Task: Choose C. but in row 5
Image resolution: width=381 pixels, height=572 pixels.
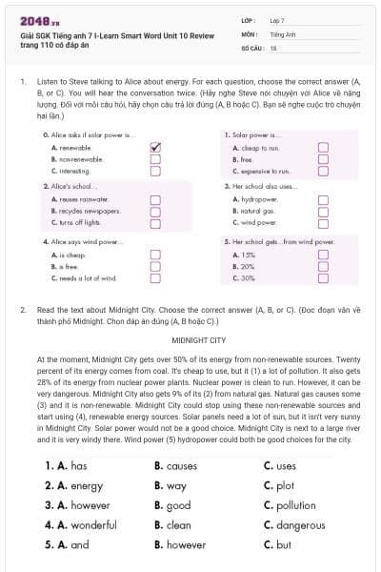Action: click(278, 544)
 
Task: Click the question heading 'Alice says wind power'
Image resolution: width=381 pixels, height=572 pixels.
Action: click(85, 242)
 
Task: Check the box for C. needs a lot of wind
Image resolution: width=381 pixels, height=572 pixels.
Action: click(156, 277)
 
